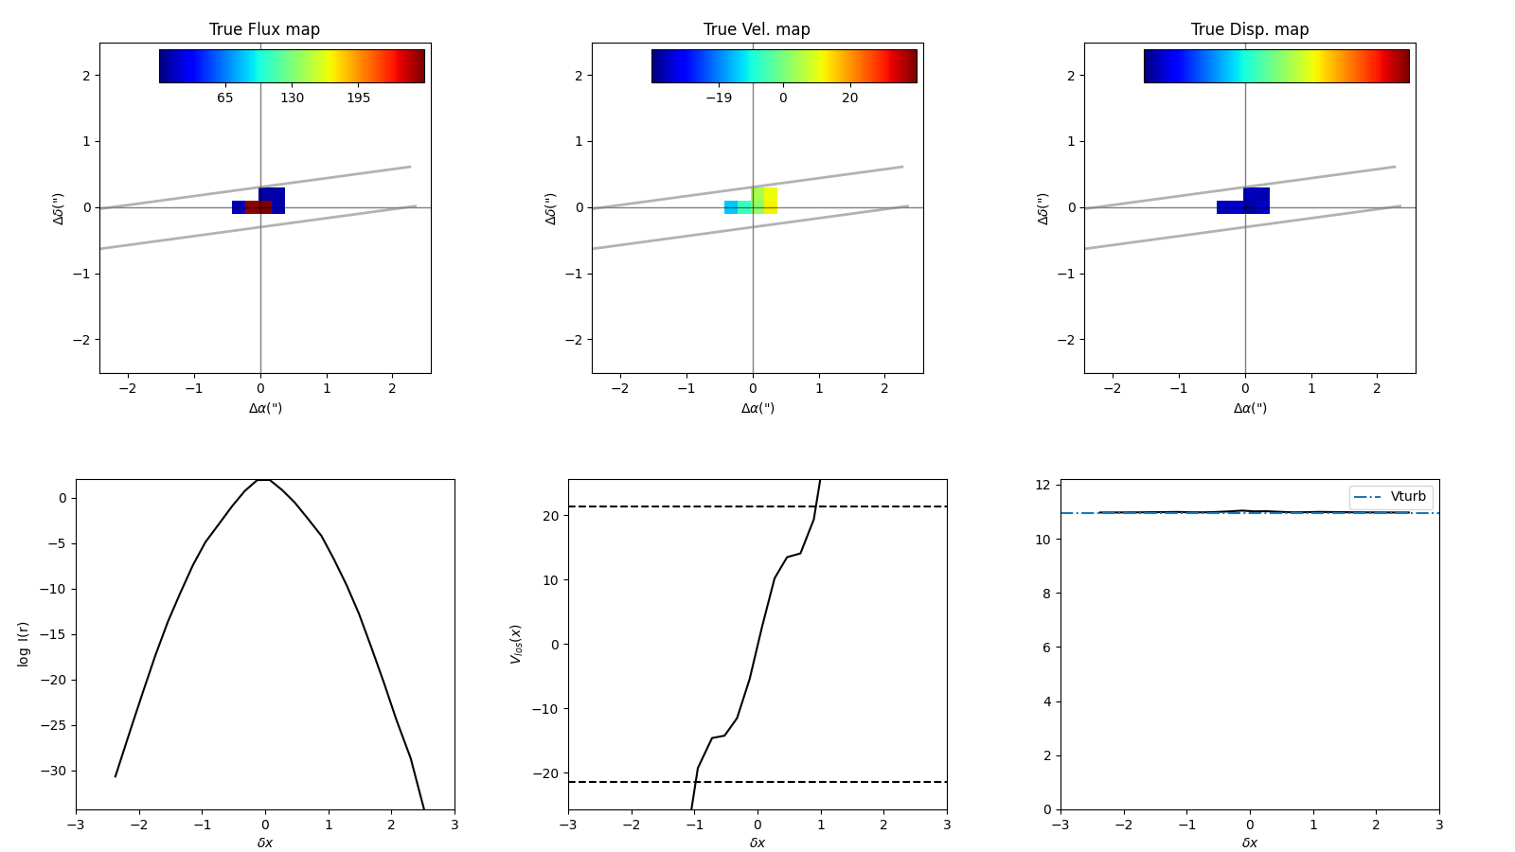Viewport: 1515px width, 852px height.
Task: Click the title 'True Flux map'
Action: click(264, 29)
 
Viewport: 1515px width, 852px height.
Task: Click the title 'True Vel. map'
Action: click(757, 29)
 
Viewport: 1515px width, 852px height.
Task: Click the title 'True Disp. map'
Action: click(1250, 29)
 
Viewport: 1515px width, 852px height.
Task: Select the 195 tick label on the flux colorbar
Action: click(358, 98)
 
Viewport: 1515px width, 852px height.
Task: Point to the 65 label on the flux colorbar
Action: click(224, 98)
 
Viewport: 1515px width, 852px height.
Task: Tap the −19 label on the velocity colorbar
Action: click(718, 98)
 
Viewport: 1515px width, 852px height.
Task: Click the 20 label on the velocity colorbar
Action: click(849, 98)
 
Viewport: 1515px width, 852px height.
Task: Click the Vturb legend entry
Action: click(1407, 496)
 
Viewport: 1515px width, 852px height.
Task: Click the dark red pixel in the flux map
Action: click(258, 207)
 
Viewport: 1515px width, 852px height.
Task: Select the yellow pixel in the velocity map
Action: click(771, 201)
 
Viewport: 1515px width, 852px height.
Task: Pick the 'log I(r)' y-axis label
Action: click(24, 644)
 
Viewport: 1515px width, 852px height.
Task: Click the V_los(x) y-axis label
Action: click(516, 644)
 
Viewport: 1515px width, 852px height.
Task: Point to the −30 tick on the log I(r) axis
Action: click(56, 771)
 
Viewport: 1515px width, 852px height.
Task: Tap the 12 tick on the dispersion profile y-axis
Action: click(1043, 486)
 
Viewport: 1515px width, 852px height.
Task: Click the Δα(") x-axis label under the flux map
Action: click(265, 408)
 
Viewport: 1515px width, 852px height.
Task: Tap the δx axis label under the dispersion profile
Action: click(1250, 843)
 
